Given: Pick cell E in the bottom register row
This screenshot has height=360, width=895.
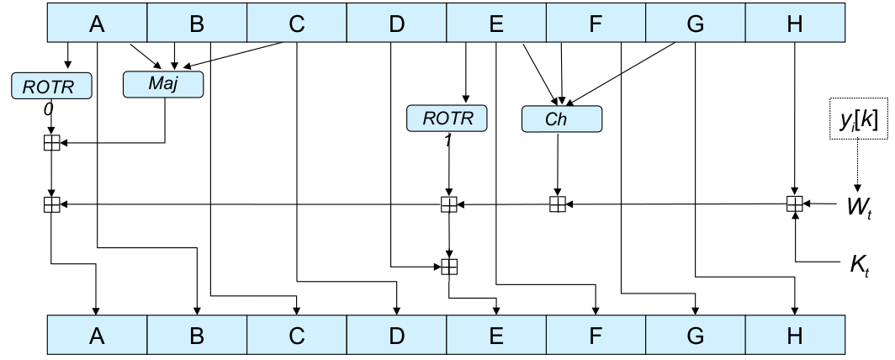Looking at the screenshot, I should pyautogui.click(x=495, y=336).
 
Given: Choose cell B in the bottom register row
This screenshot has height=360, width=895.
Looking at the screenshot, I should pyautogui.click(x=197, y=336).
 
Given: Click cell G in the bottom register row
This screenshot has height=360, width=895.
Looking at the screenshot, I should pyautogui.click(x=695, y=336).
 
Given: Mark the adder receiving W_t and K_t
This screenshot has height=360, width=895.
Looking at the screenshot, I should pyautogui.click(x=794, y=203).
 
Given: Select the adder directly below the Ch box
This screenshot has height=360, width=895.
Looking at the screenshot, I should pyautogui.click(x=557, y=203).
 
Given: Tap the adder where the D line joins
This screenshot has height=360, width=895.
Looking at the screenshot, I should pyautogui.click(x=449, y=267).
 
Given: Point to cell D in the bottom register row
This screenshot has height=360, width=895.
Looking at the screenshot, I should pyautogui.click(x=396, y=336).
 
